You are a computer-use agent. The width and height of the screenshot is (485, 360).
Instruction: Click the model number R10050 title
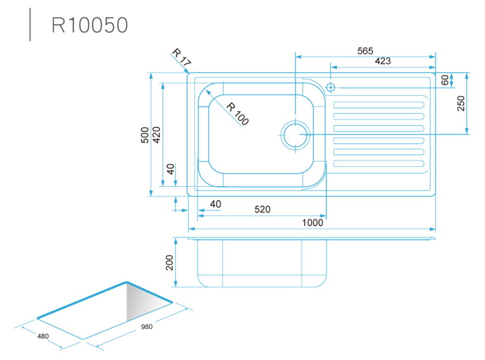[90, 25]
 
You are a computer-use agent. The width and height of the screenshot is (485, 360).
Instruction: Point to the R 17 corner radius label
[181, 57]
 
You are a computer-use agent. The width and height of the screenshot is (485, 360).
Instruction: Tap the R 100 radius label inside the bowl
[237, 114]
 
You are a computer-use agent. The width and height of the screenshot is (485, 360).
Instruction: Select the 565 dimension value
[365, 51]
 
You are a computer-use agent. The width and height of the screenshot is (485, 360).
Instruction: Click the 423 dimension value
[383, 61]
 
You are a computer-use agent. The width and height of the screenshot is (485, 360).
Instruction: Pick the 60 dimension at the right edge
[445, 80]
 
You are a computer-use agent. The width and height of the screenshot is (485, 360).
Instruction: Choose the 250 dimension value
[461, 103]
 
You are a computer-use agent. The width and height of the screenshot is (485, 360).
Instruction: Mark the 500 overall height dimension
[145, 134]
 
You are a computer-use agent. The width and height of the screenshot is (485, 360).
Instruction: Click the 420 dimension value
[156, 134]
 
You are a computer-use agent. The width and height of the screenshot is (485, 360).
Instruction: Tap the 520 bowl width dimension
[263, 209]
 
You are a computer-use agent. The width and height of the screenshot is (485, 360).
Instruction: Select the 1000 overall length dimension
[312, 222]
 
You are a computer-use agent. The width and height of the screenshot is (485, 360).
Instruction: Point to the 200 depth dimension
[169, 262]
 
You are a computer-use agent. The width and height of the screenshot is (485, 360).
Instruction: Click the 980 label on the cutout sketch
[147, 326]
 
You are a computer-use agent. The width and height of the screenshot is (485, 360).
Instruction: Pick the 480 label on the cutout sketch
[43, 336]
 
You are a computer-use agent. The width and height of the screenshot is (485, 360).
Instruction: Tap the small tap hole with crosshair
[330, 87]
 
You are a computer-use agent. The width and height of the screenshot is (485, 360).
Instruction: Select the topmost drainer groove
[378, 105]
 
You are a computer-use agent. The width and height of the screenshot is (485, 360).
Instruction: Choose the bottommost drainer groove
[378, 164]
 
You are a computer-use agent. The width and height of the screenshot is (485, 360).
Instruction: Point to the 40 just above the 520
[215, 204]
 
